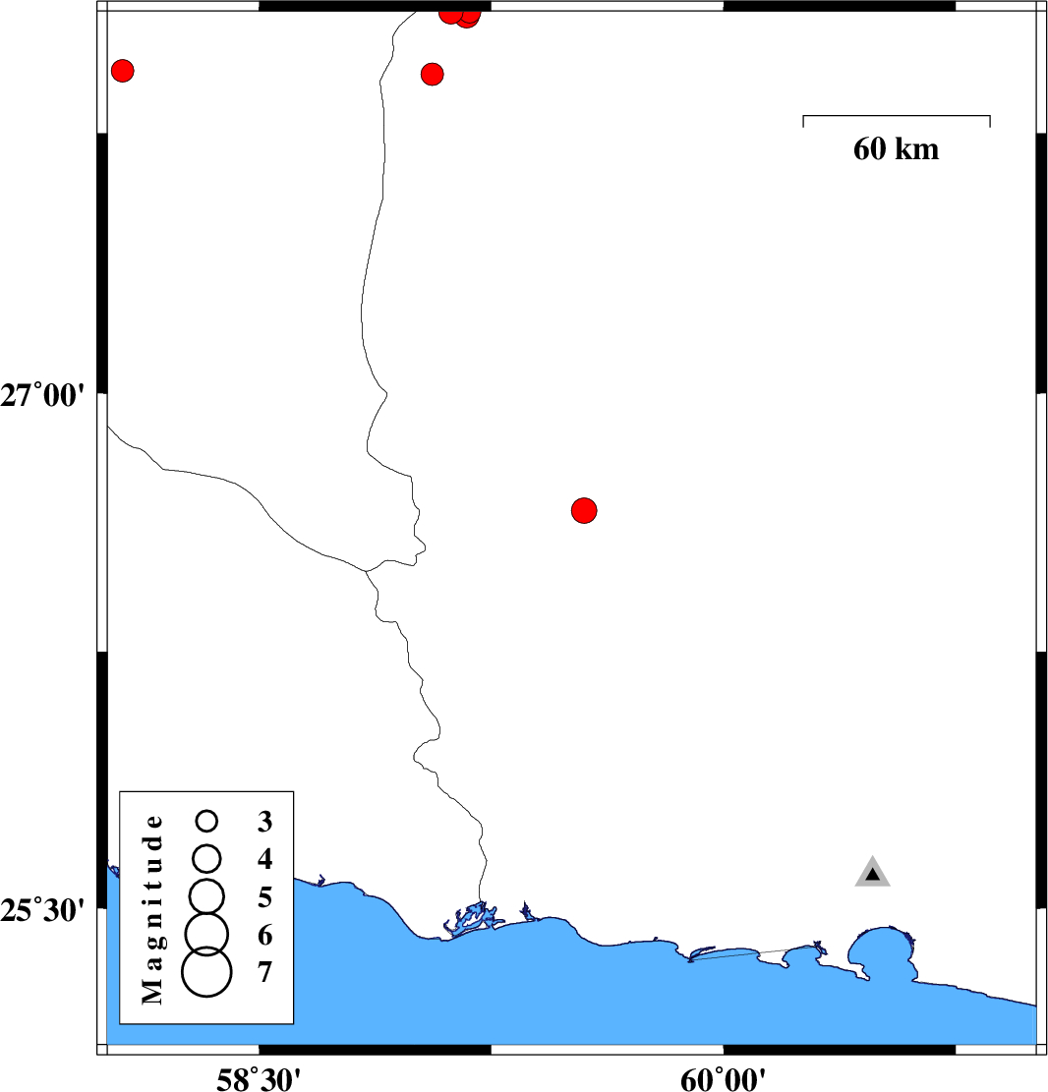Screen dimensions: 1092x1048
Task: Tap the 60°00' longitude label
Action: (x=724, y=1077)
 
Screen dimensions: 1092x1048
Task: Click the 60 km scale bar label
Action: (x=896, y=149)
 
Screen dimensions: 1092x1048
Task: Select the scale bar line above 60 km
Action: (x=896, y=116)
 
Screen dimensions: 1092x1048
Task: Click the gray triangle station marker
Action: (x=872, y=873)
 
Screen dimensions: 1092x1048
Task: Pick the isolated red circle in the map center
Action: (x=584, y=510)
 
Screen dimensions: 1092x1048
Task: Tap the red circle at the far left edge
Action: (x=122, y=71)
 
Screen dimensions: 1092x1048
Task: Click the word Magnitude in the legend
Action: (x=151, y=908)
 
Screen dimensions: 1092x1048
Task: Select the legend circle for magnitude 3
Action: (x=206, y=820)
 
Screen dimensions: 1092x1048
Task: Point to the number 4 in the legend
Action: (x=264, y=859)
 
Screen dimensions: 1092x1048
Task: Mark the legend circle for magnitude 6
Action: (x=206, y=930)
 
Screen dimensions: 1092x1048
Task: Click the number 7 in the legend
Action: (x=264, y=972)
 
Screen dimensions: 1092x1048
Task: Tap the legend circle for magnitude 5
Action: (x=206, y=893)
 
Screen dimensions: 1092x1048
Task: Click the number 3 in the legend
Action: (x=264, y=821)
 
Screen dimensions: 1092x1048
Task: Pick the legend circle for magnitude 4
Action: (x=206, y=858)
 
